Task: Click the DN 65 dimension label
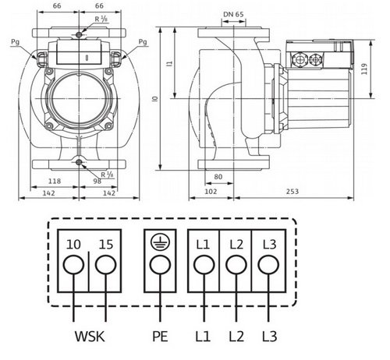point(233,14)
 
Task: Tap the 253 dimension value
point(292,192)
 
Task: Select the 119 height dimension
point(364,69)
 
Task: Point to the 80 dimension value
point(218,177)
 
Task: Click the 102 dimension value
point(211,192)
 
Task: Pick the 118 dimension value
point(55,181)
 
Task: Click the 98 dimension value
point(97,182)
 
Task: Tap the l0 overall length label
point(155,99)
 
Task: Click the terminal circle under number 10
point(73,264)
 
